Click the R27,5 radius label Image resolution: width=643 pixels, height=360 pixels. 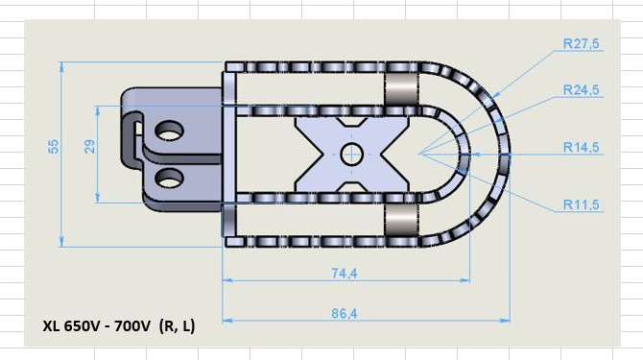[x=581, y=43]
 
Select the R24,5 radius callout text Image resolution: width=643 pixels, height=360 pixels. [x=581, y=90]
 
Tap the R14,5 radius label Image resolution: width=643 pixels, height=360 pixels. [x=581, y=147]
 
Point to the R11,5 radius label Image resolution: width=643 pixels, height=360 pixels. [x=581, y=204]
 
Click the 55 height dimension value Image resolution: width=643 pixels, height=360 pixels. [x=54, y=147]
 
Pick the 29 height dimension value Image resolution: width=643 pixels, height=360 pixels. [x=89, y=146]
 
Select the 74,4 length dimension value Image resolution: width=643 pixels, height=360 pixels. [x=345, y=273]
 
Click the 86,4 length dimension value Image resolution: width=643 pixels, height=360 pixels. [x=345, y=314]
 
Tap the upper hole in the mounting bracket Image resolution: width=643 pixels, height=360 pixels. [x=169, y=131]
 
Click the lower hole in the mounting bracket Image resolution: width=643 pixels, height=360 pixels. [x=169, y=178]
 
